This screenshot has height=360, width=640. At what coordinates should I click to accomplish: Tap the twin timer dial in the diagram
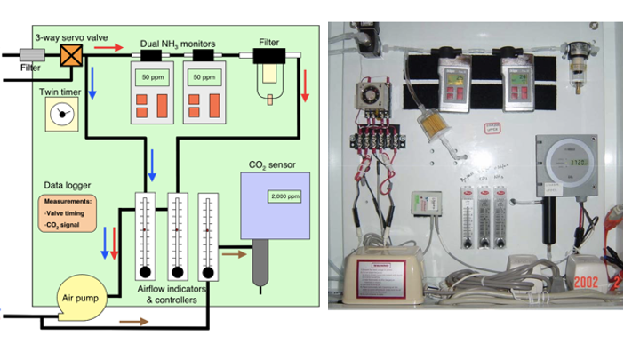coord(61,113)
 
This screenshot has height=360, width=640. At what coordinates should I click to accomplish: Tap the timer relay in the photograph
coord(367,97)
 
